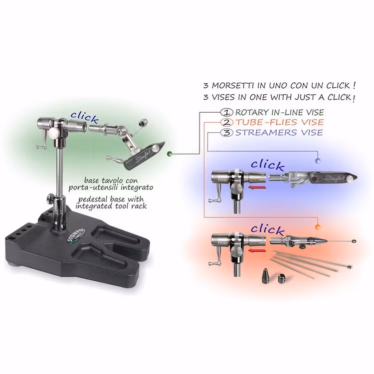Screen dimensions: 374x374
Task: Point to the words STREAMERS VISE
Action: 279,133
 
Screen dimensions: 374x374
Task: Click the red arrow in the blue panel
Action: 257,188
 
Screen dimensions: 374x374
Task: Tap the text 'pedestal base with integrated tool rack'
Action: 112,202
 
